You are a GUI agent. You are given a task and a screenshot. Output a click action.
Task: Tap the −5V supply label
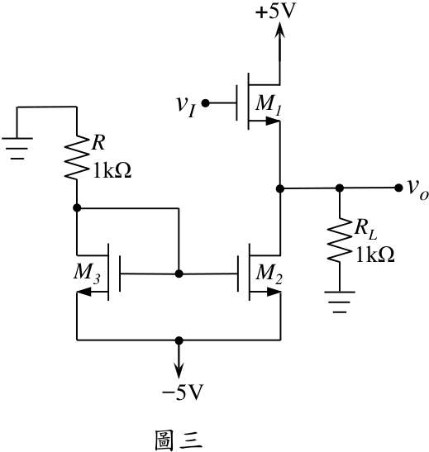(x=183, y=392)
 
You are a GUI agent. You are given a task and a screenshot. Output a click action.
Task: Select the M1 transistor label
(x=269, y=104)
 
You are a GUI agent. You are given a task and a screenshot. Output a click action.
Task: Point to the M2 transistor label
(x=269, y=274)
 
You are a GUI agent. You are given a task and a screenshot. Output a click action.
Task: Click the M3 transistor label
(x=87, y=273)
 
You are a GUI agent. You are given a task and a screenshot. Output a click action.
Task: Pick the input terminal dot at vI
(x=205, y=103)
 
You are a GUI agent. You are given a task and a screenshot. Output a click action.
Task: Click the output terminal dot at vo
(x=398, y=188)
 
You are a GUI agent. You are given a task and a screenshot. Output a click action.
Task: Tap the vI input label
(x=186, y=107)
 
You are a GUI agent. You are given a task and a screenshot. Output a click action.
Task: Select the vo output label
(x=418, y=191)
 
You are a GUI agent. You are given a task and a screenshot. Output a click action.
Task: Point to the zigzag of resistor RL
(x=340, y=240)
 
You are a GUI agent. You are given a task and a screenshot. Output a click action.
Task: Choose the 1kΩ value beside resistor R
(x=112, y=171)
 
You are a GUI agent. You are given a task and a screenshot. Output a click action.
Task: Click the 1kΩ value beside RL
(x=375, y=255)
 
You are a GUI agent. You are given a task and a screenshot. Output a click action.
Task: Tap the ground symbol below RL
(x=340, y=302)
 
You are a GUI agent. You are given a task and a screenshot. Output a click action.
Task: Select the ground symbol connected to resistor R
(x=17, y=149)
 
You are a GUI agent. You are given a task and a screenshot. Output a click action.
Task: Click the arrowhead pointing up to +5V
(x=279, y=30)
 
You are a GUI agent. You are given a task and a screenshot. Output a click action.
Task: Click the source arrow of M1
(x=273, y=121)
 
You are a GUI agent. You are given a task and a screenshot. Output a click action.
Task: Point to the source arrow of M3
(x=84, y=293)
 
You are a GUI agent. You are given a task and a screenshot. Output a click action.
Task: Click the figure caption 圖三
(x=179, y=440)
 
